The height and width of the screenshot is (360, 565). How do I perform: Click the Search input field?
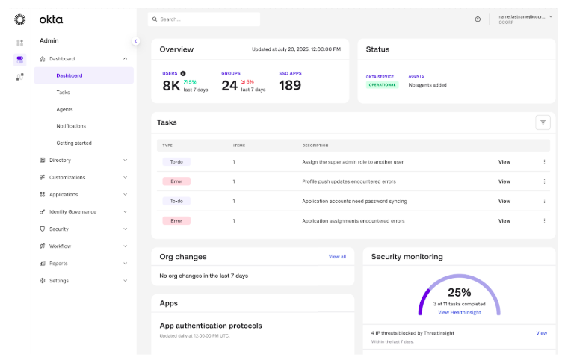click(x=203, y=19)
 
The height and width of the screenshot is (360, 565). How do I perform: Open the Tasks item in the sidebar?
click(x=63, y=93)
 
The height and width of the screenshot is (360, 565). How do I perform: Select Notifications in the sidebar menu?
click(x=71, y=126)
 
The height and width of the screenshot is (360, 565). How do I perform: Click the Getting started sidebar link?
click(x=74, y=143)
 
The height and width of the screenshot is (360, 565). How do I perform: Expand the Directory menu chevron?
click(x=125, y=160)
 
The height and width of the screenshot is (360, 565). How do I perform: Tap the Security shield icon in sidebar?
click(x=43, y=229)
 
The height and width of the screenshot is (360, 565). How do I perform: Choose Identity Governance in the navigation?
click(x=72, y=211)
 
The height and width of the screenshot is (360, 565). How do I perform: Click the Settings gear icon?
click(x=43, y=280)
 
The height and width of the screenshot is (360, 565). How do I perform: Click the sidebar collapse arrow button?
click(x=135, y=41)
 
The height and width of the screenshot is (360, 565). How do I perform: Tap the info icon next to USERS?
click(x=183, y=73)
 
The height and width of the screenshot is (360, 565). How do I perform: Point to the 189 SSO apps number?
click(x=290, y=85)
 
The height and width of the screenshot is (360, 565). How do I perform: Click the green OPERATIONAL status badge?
click(x=383, y=85)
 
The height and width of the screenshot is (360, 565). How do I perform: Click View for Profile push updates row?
click(x=504, y=181)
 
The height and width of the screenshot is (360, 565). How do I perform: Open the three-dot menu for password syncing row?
click(x=544, y=201)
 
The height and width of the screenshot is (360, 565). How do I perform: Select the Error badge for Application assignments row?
click(x=176, y=220)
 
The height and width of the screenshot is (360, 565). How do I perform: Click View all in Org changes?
click(x=337, y=257)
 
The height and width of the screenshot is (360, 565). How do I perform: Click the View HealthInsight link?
click(x=460, y=312)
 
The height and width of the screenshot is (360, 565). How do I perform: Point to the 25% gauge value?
click(x=460, y=292)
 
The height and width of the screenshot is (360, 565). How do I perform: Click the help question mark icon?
click(x=478, y=19)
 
